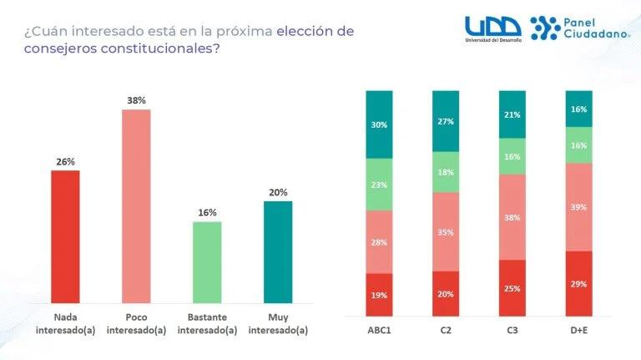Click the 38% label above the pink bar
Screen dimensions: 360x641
(x=136, y=100)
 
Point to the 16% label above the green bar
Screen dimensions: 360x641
(x=207, y=212)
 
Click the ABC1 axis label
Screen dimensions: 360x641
(x=380, y=330)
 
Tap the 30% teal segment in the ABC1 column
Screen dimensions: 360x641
(x=380, y=124)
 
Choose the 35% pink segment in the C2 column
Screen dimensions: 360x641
(x=446, y=231)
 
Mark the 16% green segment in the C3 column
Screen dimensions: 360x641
(x=512, y=156)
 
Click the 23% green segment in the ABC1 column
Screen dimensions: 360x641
(x=380, y=184)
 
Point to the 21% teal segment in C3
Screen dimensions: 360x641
(x=512, y=114)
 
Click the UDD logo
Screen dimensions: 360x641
(x=493, y=27)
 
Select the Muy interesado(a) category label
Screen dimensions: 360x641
(x=278, y=323)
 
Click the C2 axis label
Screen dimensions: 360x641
(x=446, y=330)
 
